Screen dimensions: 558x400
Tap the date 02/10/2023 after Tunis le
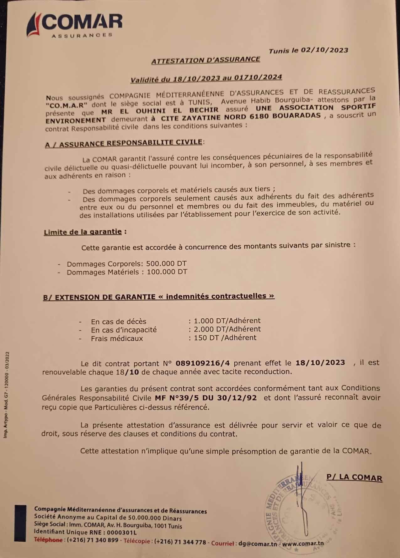pyautogui.click(x=324, y=50)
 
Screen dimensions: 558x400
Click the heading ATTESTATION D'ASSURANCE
pyautogui.click(x=206, y=60)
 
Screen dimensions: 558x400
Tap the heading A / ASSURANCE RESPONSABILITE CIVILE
pyautogui.click(x=124, y=143)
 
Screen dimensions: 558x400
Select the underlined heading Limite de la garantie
pyautogui.click(x=83, y=232)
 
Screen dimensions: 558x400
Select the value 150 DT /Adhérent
pyautogui.click(x=225, y=338)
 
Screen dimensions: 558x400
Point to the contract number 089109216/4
pyautogui.click(x=203, y=363)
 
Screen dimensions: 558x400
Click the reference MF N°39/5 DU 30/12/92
pyautogui.click(x=206, y=398)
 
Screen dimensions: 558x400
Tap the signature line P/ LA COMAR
pyautogui.click(x=354, y=478)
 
